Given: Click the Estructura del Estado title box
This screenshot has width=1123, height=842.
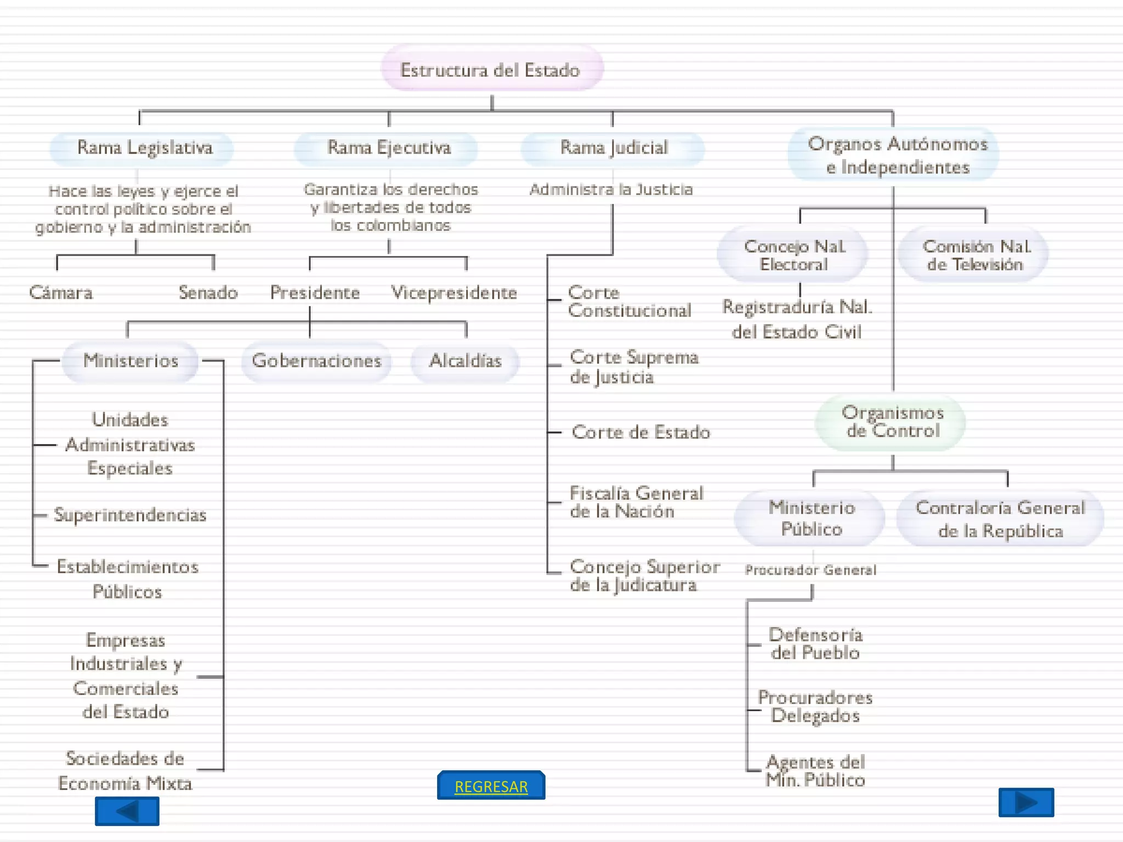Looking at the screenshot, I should (491, 70).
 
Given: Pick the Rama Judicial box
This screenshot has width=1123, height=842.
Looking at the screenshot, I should (613, 148).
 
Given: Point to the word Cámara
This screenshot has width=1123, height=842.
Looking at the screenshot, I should (61, 293).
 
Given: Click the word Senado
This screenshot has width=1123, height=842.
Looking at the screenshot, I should (208, 293).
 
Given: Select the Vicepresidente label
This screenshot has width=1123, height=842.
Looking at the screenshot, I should (454, 293).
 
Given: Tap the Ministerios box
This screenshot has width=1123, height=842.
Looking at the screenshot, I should (131, 361).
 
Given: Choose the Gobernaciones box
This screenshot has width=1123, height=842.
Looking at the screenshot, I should (316, 361).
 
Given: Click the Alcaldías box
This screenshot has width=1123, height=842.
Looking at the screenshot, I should (465, 361).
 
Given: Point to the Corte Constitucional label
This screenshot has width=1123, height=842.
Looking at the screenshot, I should (629, 301).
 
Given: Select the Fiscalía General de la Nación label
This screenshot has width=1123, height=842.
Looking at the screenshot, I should (635, 502).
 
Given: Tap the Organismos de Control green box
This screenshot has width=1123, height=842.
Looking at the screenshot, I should (892, 422).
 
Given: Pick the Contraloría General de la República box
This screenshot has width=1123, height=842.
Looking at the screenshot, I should (1000, 519).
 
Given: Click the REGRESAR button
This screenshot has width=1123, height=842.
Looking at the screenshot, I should (491, 786).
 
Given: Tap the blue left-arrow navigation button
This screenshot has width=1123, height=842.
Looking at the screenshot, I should (127, 811).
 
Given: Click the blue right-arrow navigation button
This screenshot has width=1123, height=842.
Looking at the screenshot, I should (1026, 803).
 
